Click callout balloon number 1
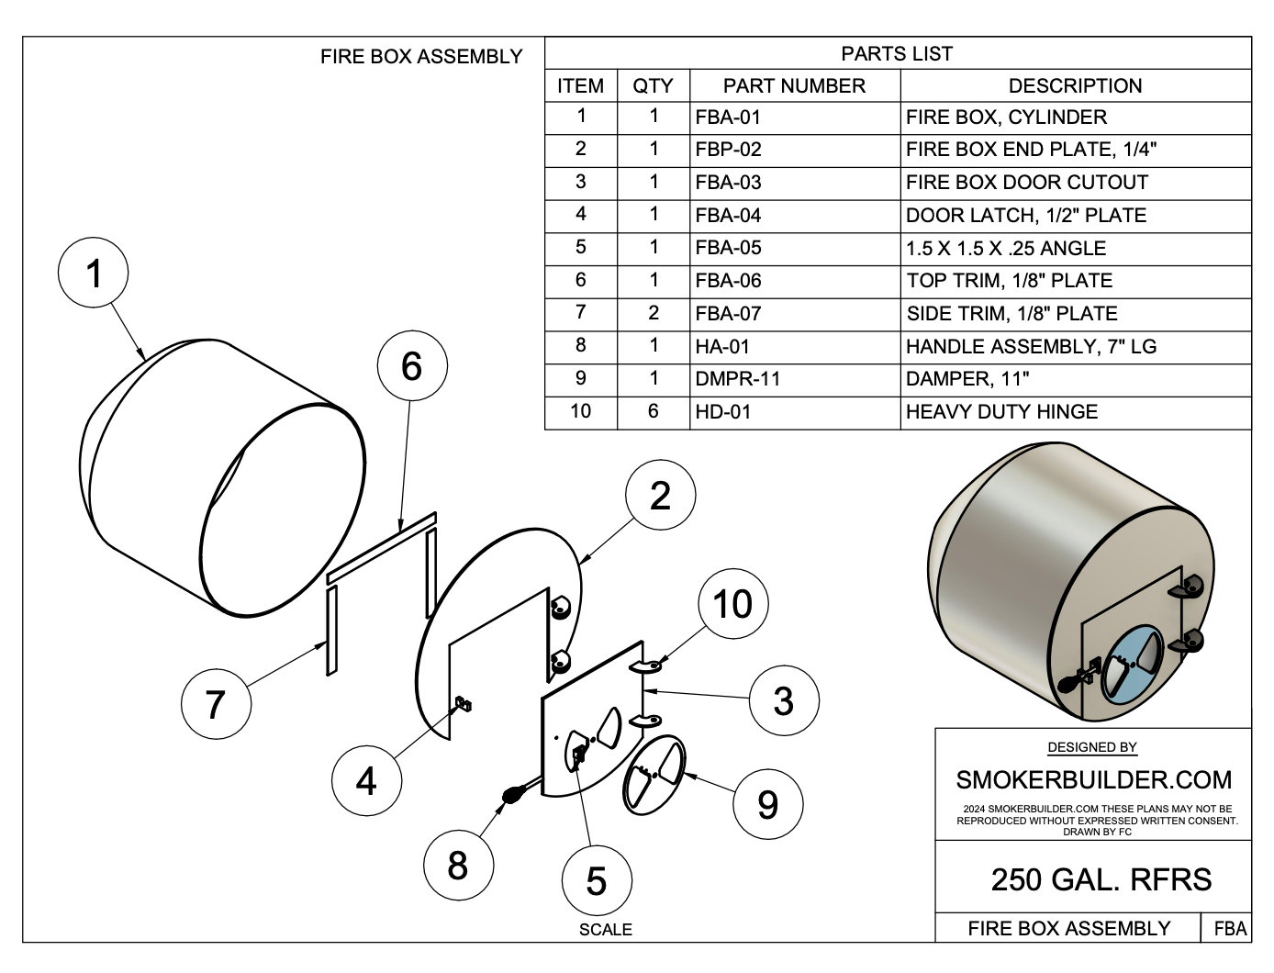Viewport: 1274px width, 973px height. point(93,274)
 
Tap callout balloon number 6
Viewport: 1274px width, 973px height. point(412,366)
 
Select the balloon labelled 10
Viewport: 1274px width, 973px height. point(732,604)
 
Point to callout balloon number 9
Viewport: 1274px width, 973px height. point(767,804)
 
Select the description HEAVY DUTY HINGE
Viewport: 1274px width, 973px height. point(1001,411)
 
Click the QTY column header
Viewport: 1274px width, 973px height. point(653,86)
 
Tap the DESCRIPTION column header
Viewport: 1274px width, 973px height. point(1075,86)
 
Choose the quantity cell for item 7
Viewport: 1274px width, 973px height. point(653,313)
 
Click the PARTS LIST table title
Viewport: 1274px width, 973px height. point(897,54)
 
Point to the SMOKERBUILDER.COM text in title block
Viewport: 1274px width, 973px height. point(1093,780)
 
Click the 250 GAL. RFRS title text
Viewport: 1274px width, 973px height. point(1101,880)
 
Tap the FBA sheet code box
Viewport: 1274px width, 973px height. point(1230,928)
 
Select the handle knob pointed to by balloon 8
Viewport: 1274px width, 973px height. point(510,795)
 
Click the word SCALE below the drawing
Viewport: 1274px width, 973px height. point(605,930)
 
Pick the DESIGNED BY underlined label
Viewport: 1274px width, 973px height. point(1092,748)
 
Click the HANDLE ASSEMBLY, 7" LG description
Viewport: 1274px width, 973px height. point(1031,346)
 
